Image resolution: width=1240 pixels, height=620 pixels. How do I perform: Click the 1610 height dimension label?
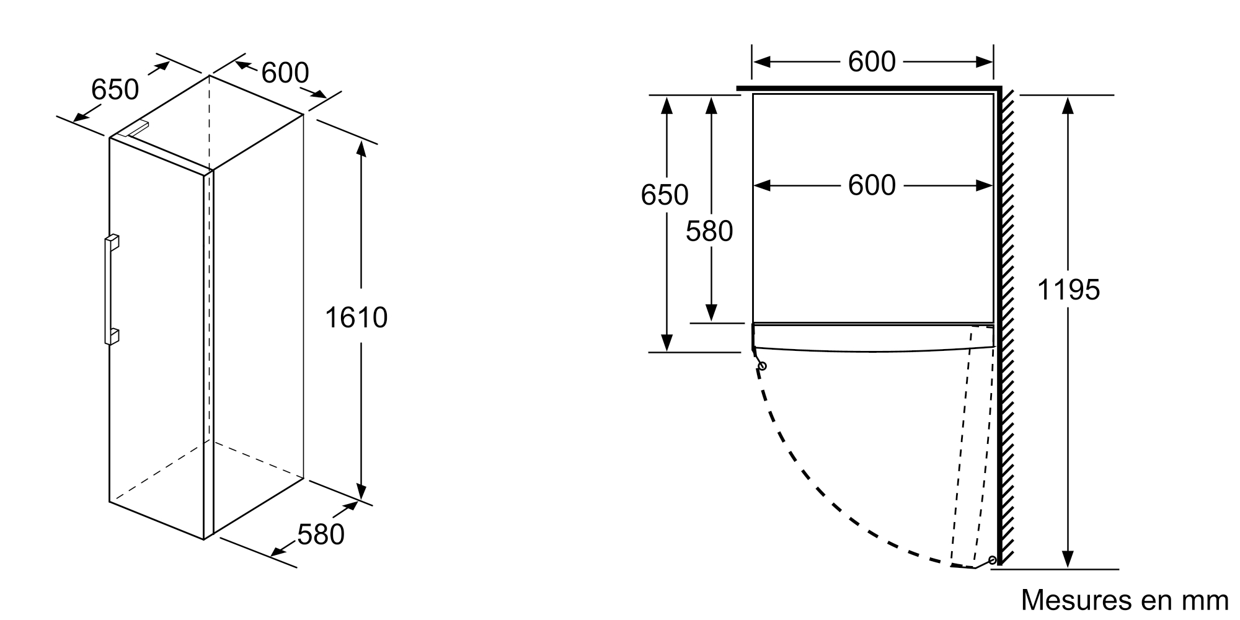click(356, 318)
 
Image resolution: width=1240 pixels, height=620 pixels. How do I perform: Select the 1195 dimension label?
click(1068, 290)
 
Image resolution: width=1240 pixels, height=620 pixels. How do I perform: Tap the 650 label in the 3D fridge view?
click(115, 90)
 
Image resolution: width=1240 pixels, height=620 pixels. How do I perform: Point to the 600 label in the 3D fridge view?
click(285, 73)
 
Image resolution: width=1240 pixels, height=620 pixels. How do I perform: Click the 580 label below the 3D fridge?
click(321, 535)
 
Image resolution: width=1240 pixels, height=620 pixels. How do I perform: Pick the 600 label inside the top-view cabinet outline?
click(872, 185)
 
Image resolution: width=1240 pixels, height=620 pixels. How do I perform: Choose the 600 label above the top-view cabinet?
click(872, 61)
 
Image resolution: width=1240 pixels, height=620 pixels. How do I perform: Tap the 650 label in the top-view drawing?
click(665, 195)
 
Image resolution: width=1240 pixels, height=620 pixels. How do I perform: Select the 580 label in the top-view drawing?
click(709, 231)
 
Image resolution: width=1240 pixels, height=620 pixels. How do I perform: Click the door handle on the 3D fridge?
click(111, 290)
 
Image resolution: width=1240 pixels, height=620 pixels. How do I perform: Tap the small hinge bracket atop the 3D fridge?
click(134, 128)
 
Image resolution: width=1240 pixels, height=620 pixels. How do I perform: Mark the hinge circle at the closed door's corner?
click(762, 366)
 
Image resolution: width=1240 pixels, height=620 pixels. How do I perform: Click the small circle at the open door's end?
click(993, 560)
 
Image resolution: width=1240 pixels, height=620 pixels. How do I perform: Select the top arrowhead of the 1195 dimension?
click(1068, 105)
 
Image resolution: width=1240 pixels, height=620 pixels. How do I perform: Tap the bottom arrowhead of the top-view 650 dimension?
click(667, 342)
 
